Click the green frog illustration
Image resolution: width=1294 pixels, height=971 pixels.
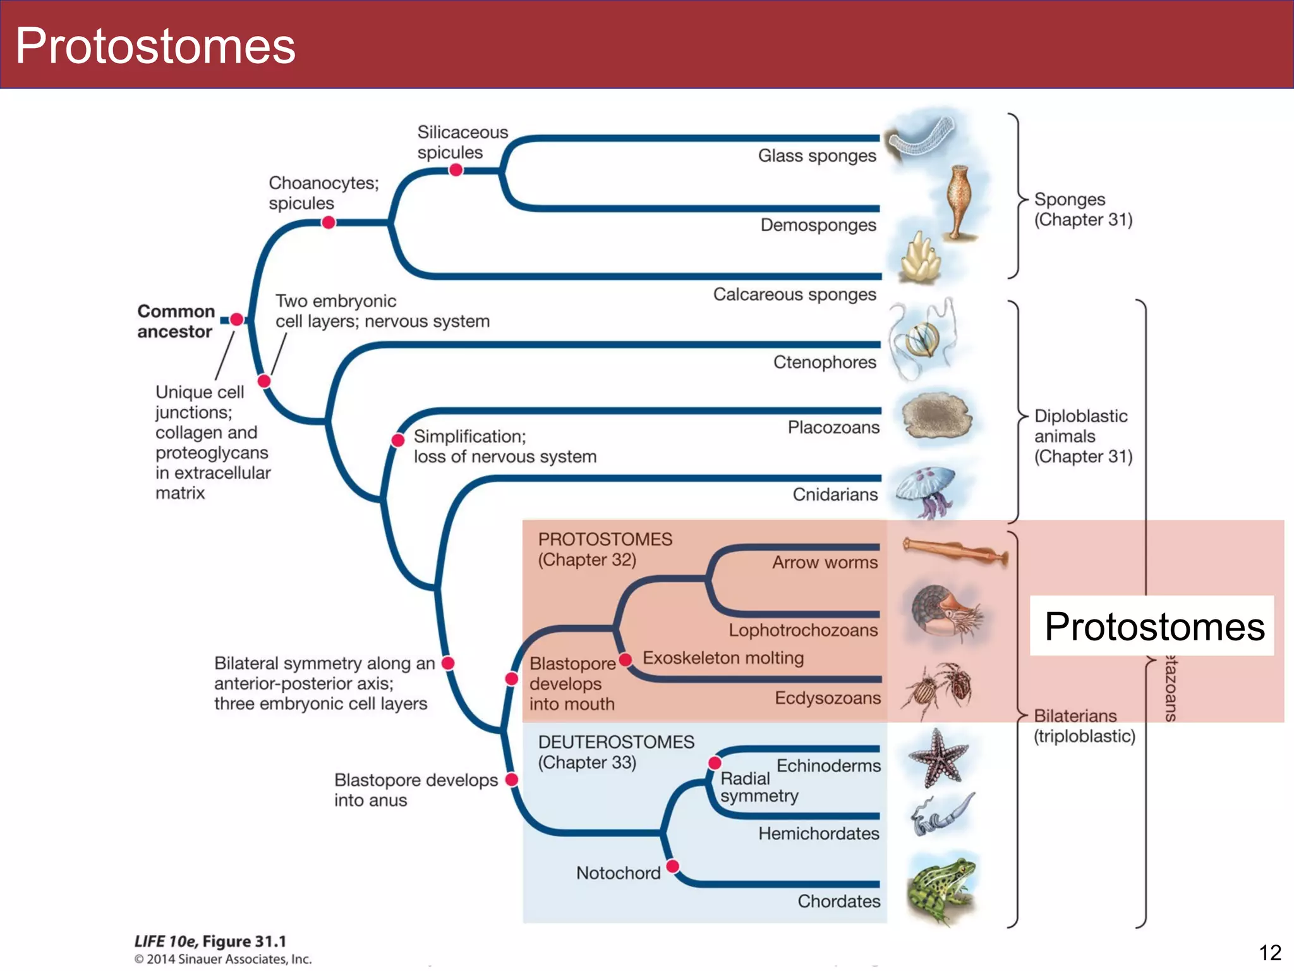click(x=940, y=888)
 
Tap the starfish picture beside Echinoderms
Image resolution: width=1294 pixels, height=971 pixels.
click(x=938, y=757)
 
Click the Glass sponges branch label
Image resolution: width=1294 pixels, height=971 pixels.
click(x=816, y=156)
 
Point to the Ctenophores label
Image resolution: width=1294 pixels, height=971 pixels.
click(x=824, y=362)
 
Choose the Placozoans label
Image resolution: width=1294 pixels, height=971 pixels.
click(x=833, y=427)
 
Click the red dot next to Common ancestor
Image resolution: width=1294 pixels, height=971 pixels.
click(x=236, y=320)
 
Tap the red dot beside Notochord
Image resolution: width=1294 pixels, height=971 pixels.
click(x=673, y=865)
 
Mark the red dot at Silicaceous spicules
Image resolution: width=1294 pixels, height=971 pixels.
click(x=456, y=170)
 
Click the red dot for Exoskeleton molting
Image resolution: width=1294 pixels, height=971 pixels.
click(x=626, y=660)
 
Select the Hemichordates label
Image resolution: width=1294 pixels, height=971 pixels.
click(x=818, y=833)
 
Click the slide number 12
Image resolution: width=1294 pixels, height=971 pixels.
click(x=1269, y=952)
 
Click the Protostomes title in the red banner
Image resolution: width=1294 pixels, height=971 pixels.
click(x=155, y=46)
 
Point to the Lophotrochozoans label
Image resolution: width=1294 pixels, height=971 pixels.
click(x=802, y=630)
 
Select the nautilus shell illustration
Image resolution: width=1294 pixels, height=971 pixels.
click(x=945, y=612)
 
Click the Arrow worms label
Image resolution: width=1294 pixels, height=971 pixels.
click(x=824, y=562)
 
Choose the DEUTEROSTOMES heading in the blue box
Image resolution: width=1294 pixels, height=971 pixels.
click(x=615, y=742)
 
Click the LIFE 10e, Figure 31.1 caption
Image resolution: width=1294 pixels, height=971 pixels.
click(x=210, y=941)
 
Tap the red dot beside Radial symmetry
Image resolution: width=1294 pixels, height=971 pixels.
click(x=715, y=763)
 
